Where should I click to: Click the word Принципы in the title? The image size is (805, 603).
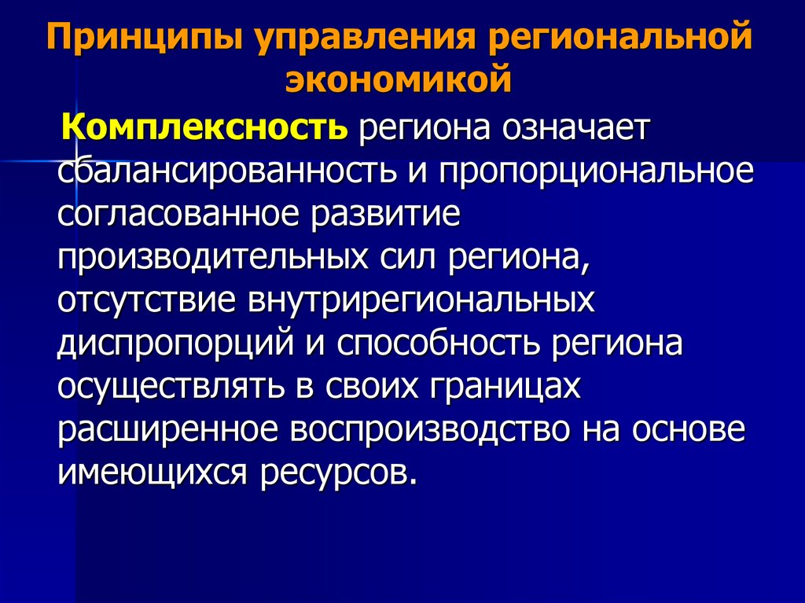click(144, 38)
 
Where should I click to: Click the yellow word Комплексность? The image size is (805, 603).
click(204, 127)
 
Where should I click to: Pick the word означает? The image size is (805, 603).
click(576, 127)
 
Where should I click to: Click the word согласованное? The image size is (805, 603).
click(178, 214)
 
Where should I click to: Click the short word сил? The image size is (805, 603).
click(409, 257)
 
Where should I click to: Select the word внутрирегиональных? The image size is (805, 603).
click(421, 301)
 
